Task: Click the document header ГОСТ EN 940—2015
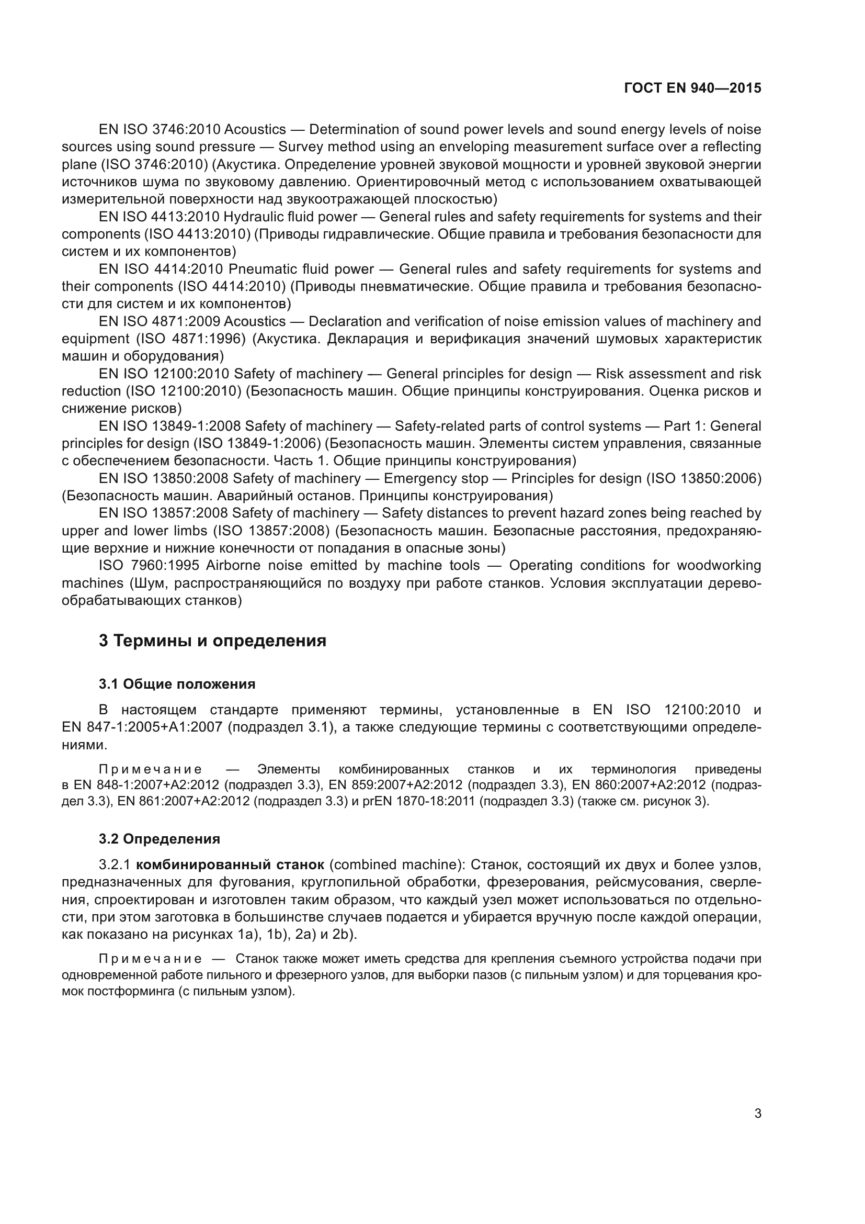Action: click(692, 88)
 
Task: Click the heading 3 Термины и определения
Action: click(212, 640)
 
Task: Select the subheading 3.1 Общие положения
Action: click(177, 684)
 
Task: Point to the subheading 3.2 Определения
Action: click(160, 838)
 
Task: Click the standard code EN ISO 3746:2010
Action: click(159, 130)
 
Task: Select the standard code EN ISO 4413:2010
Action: click(159, 217)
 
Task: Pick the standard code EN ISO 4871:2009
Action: click(159, 321)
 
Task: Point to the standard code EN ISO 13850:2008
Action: click(163, 478)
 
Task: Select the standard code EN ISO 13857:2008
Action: click(163, 513)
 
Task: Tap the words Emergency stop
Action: click(436, 478)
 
